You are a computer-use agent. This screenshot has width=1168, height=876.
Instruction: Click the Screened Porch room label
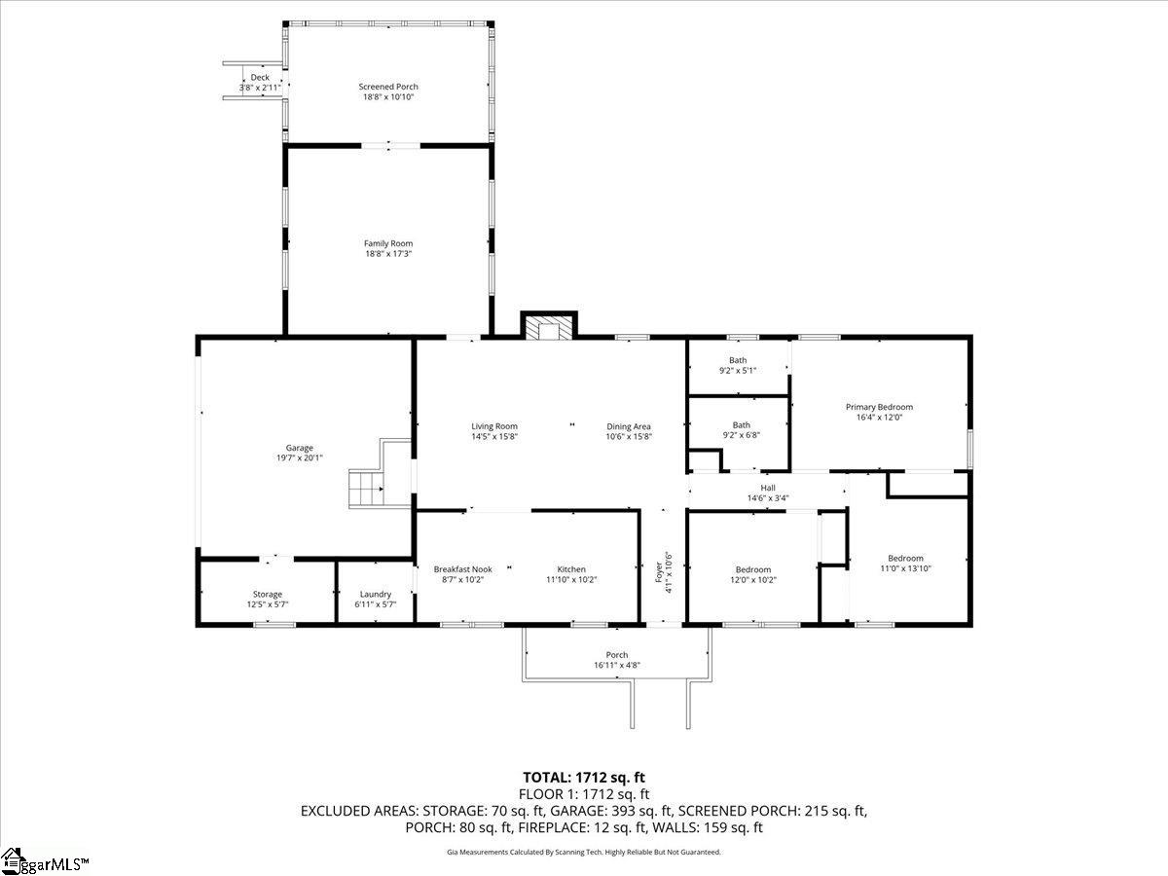[x=388, y=87]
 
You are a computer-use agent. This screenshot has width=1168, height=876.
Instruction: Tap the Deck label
[x=260, y=78]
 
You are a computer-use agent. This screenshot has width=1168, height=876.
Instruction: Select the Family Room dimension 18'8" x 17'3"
[x=388, y=254]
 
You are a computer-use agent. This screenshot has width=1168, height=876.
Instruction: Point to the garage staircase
[x=366, y=488]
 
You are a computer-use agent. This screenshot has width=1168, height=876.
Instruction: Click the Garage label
[x=299, y=448]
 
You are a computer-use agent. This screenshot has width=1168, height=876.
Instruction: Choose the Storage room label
[x=267, y=594]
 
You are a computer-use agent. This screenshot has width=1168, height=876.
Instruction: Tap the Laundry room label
[x=376, y=594]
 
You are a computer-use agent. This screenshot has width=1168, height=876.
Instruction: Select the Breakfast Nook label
[x=463, y=569]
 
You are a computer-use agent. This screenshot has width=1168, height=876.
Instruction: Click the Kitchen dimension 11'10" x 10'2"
[x=571, y=580]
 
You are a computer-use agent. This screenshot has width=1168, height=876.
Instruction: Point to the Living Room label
[x=494, y=426]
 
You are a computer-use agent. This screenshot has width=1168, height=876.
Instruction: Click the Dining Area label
[x=629, y=426]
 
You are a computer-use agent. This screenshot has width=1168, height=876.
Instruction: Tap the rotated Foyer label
[x=659, y=571]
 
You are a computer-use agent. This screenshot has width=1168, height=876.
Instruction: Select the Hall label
[x=768, y=488]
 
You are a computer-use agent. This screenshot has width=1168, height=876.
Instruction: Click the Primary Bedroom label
[x=879, y=407]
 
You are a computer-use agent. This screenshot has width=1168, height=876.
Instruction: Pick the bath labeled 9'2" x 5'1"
[x=738, y=365]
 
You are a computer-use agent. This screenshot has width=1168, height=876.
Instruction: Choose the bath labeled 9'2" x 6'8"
[x=742, y=430]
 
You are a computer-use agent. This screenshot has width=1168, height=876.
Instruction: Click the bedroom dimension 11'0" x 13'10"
[x=905, y=568]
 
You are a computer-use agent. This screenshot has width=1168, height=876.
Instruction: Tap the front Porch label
[x=617, y=655]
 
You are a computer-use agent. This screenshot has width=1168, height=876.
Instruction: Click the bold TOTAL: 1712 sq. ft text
[x=584, y=778]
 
